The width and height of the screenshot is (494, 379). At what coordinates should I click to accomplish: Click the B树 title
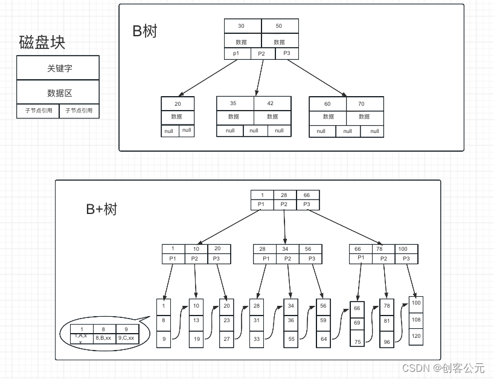point(145,31)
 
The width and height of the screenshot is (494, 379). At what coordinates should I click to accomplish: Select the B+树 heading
point(101,209)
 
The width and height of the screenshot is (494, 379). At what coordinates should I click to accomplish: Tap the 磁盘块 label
point(42,42)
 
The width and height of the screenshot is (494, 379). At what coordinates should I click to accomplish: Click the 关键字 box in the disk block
point(58,68)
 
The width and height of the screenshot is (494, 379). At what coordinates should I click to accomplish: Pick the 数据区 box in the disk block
point(58,92)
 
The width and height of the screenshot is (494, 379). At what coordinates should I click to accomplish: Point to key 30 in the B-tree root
point(242,26)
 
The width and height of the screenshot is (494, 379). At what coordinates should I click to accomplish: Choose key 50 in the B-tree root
point(279,26)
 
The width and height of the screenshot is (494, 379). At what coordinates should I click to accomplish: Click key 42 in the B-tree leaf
point(271,103)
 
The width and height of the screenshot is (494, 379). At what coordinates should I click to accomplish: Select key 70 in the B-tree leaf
point(361,104)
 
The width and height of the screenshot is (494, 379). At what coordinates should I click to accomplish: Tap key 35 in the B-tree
point(233,103)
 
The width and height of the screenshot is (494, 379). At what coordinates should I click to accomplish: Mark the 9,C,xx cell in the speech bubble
point(126,338)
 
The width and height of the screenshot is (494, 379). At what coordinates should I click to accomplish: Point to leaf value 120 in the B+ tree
point(416,335)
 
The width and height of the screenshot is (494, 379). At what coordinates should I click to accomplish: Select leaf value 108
point(416,319)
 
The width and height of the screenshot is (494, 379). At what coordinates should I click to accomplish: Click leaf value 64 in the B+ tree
point(324,339)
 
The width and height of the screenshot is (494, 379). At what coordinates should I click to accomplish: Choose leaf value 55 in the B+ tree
point(290,339)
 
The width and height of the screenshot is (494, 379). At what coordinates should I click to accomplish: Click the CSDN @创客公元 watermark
point(443,368)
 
